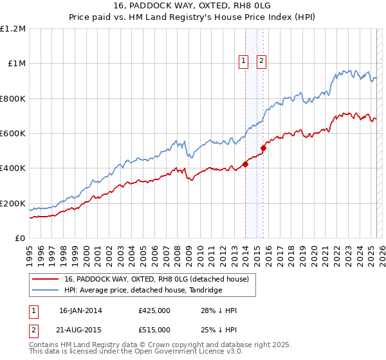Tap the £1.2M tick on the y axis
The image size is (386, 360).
click(x=13, y=29)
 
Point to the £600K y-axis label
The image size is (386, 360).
click(x=13, y=134)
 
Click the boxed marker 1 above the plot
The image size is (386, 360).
click(x=244, y=62)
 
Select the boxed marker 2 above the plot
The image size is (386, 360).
click(x=262, y=62)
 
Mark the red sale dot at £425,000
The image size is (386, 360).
click(x=245, y=165)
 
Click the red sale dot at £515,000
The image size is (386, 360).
click(x=263, y=148)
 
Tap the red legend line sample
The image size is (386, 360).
click(x=46, y=278)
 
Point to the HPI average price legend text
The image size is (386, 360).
click(x=143, y=290)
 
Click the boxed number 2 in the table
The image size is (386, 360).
click(x=33, y=329)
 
